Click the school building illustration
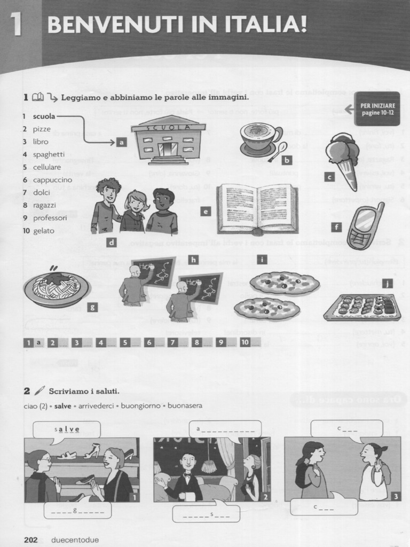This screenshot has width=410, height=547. (x=169, y=140)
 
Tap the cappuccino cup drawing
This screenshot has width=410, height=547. (x=260, y=138)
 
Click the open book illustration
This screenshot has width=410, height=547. (x=257, y=209)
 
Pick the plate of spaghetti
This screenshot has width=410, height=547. (x=56, y=288)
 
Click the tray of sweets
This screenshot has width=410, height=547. (x=362, y=307)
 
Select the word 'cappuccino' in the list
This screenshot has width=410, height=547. (x=52, y=180)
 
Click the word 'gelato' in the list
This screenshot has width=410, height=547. (x=44, y=231)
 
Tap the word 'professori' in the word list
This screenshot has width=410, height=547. (x=50, y=218)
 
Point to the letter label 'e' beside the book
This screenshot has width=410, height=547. (x=205, y=211)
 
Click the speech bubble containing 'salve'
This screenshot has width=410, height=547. (x=67, y=429)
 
